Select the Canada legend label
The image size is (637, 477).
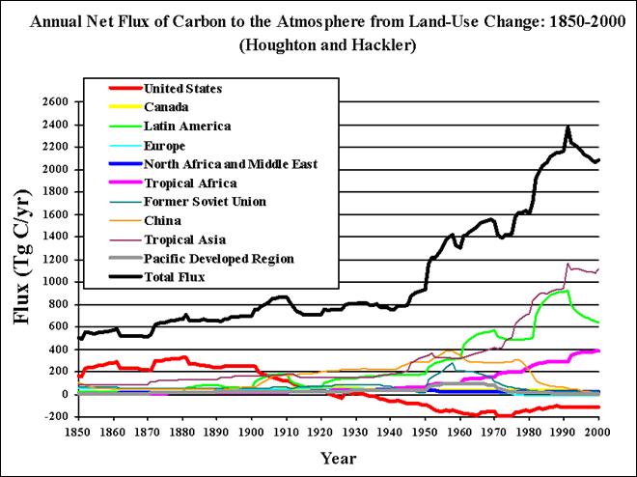click(x=166, y=107)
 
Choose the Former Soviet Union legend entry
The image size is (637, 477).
click(x=205, y=202)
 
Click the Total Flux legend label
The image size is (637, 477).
click(x=175, y=277)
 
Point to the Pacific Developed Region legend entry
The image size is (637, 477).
click(x=218, y=259)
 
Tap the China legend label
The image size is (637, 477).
click(x=163, y=221)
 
